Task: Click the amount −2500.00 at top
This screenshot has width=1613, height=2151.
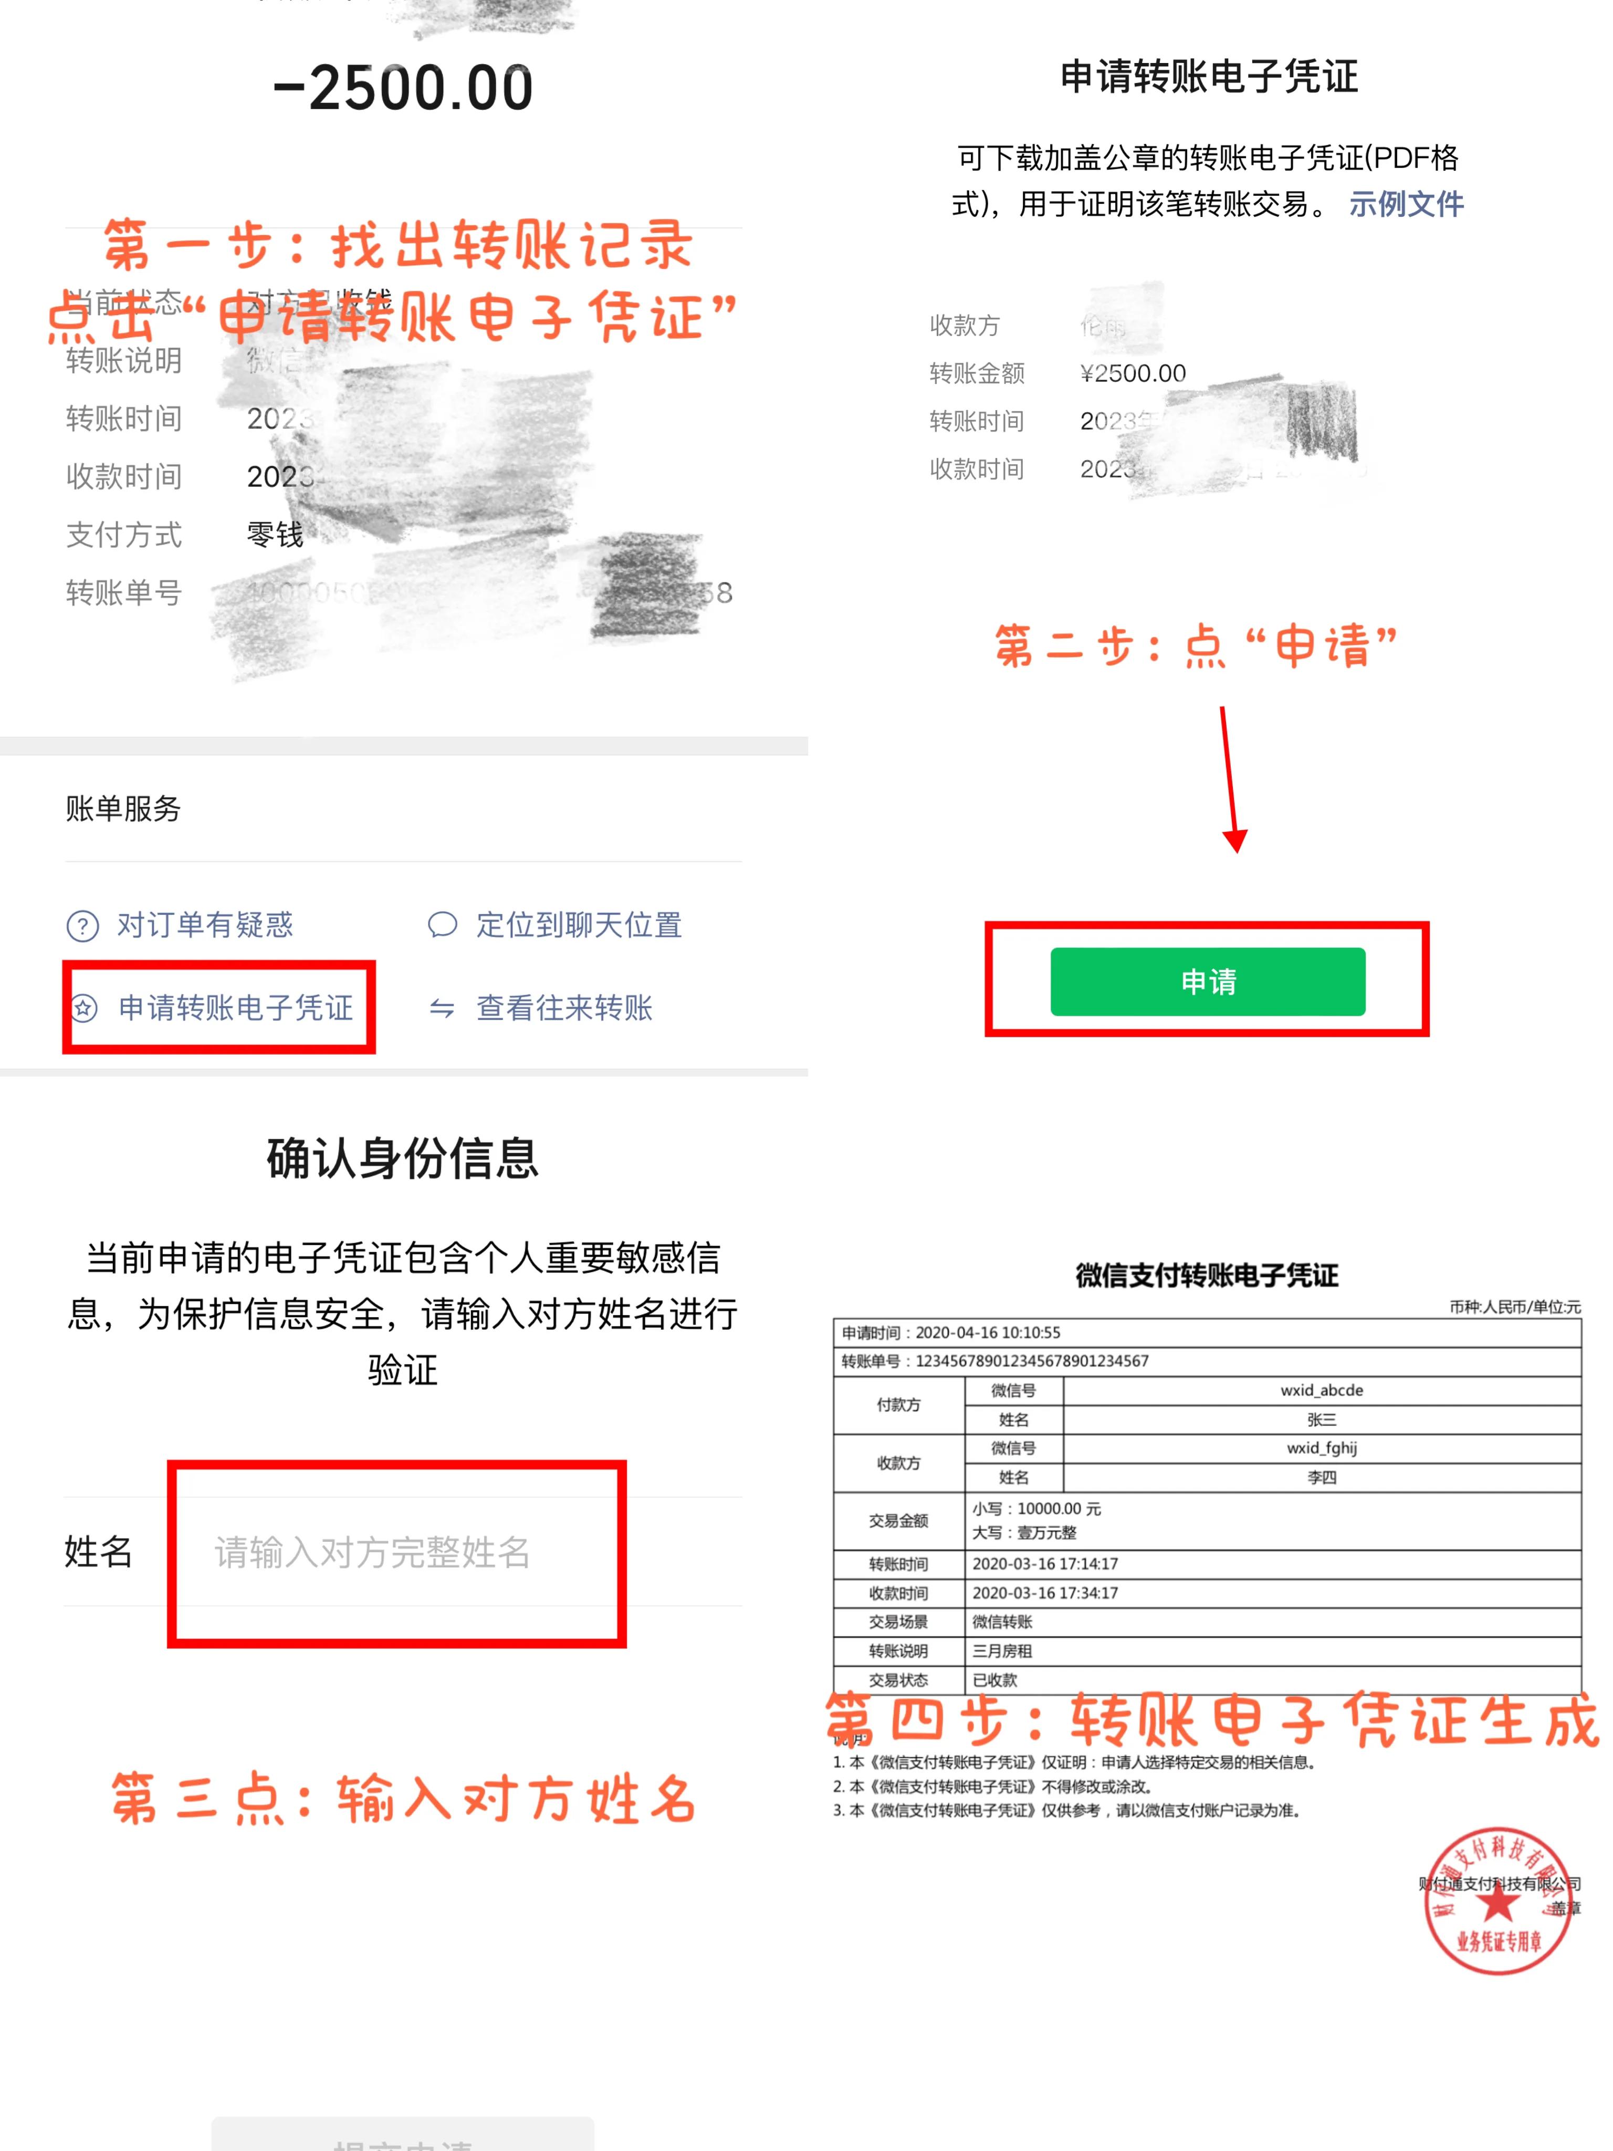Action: point(403,88)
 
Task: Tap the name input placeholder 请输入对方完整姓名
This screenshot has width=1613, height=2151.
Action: point(372,1552)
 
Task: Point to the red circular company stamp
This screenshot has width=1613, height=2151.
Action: point(1497,1901)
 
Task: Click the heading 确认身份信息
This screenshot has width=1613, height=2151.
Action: point(403,1158)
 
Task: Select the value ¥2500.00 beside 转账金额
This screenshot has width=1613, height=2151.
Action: point(1133,373)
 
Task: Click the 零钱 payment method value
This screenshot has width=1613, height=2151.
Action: point(275,535)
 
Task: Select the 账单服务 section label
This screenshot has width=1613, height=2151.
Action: point(123,808)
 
